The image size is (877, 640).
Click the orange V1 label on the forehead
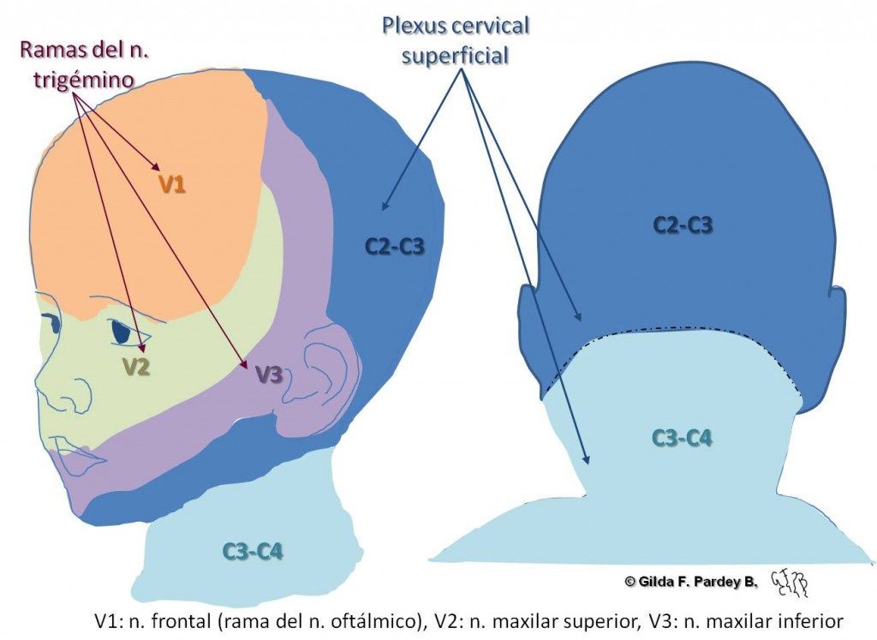pos(172,183)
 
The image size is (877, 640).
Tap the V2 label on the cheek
pos(136,367)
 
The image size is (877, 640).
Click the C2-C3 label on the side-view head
pos(395,246)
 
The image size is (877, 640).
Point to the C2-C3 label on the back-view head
pos(683,225)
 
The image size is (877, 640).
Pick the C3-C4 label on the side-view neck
pos(253,551)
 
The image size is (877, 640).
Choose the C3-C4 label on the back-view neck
pos(682,438)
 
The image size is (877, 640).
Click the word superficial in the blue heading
pos(456,55)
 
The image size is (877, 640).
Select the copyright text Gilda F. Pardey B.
pos(692,581)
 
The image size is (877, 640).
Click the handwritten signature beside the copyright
pos(790,582)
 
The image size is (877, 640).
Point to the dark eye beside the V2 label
pos(125,331)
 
